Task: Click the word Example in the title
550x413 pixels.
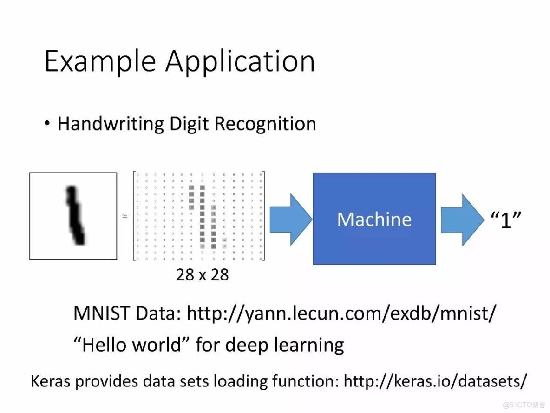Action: click(x=100, y=61)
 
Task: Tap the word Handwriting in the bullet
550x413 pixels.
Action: click(x=111, y=124)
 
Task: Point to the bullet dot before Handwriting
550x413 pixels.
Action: click(x=47, y=124)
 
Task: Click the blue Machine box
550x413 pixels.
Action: click(x=374, y=219)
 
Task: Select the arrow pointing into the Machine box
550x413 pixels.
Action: click(x=291, y=219)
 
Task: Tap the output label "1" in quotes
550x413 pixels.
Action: click(x=505, y=219)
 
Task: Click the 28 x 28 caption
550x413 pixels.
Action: click(x=203, y=275)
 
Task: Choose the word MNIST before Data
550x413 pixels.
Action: click(x=101, y=314)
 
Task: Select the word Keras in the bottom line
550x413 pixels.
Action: click(x=50, y=381)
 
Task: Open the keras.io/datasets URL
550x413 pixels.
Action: click(x=435, y=381)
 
